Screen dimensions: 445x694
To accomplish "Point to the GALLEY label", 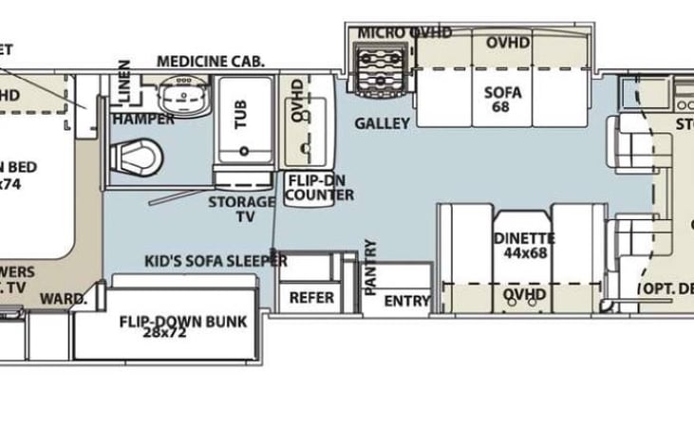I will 382,123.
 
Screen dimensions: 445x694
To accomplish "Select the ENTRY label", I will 407,301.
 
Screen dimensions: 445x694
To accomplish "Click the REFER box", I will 312,297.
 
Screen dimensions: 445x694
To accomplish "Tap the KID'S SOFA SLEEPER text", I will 216,260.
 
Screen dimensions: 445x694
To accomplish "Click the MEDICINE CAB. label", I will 210,62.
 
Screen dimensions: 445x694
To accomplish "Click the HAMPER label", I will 142,120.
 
